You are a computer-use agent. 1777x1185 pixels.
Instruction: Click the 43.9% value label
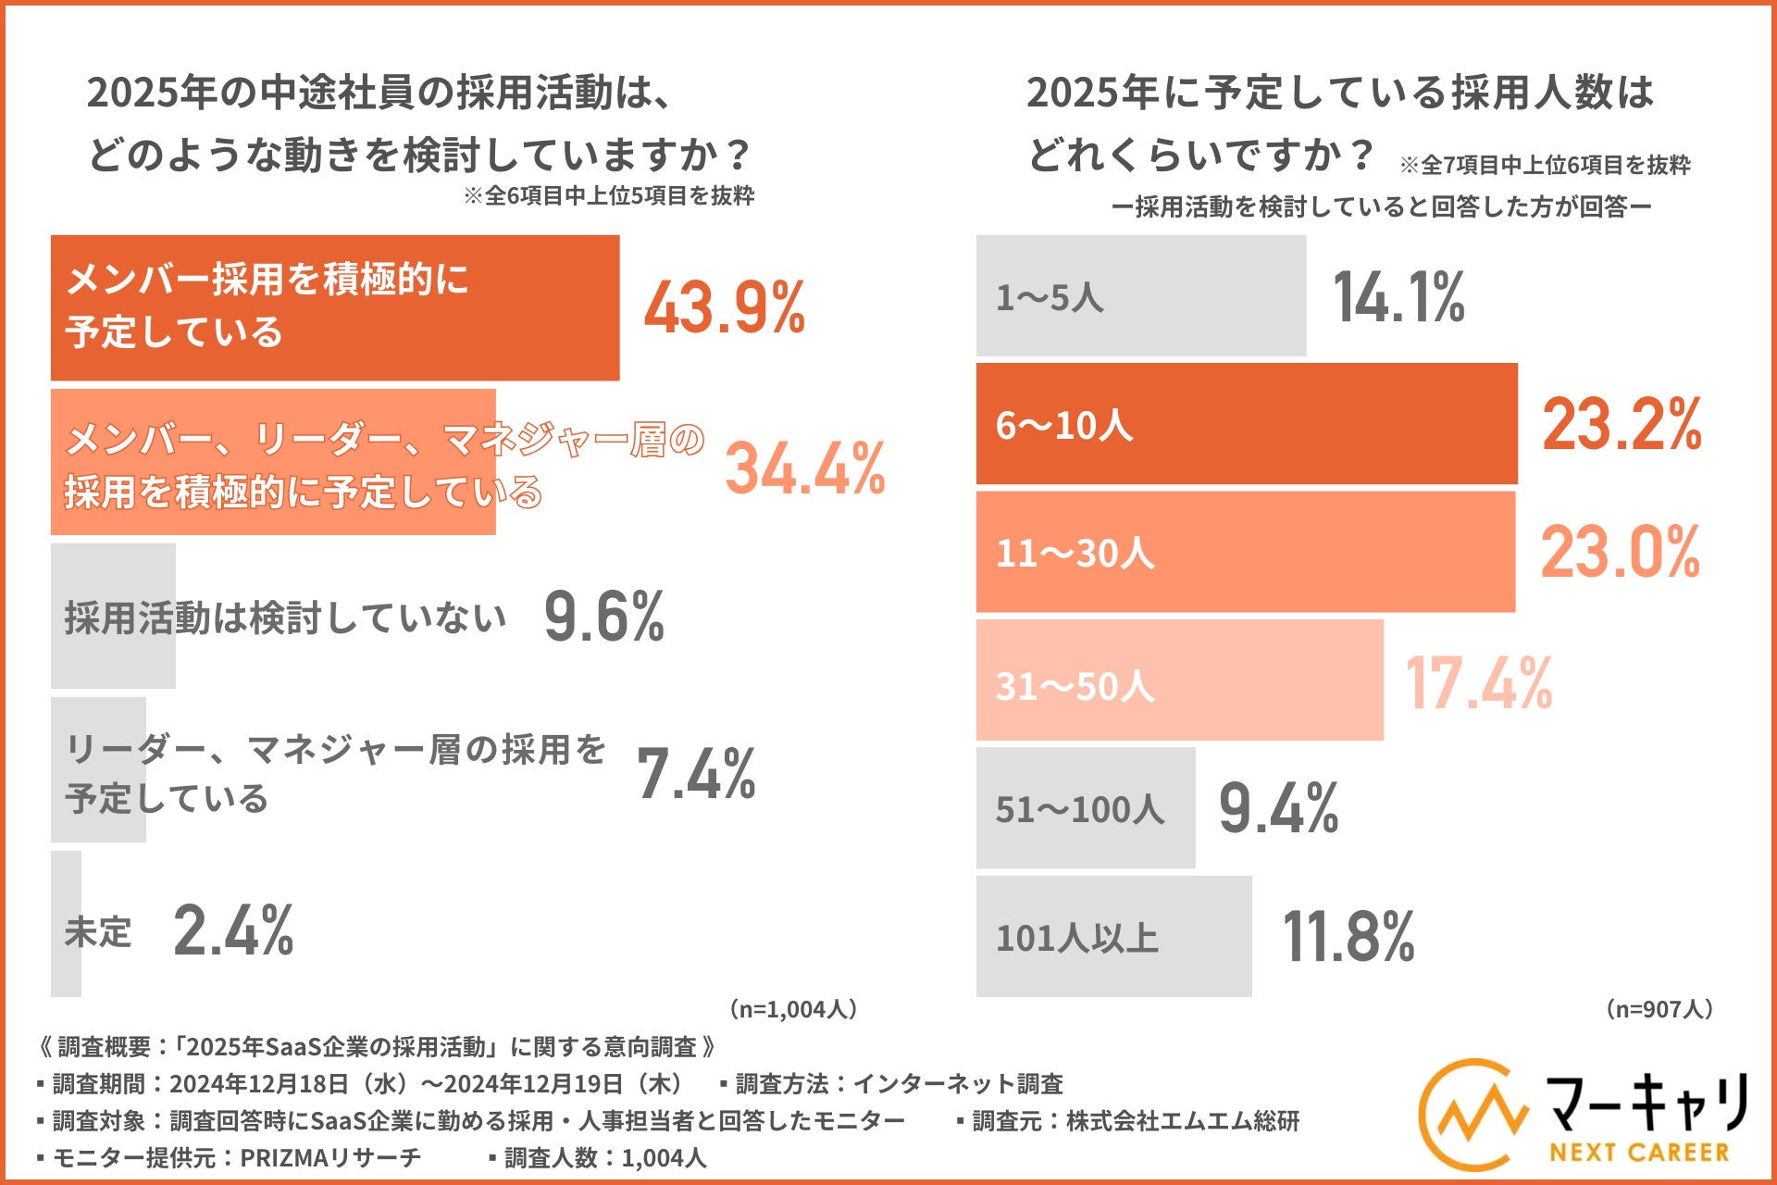(725, 307)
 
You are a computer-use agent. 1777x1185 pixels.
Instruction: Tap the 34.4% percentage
(805, 468)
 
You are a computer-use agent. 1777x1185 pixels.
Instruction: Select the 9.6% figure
(603, 617)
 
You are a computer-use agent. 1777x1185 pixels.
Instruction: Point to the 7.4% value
(696, 773)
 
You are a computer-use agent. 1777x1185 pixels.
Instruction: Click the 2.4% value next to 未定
(233, 930)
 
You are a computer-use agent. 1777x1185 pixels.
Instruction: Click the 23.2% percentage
(1622, 424)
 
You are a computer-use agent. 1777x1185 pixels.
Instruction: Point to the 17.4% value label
(1478, 682)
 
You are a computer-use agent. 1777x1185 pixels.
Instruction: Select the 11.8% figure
(1348, 937)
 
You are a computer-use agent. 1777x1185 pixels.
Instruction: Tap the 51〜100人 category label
(1079, 809)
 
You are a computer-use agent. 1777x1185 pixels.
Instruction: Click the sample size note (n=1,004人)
(793, 1008)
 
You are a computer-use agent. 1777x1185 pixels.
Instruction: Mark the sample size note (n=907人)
(1659, 1008)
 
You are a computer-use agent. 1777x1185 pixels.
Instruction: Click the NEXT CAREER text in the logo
(1639, 1153)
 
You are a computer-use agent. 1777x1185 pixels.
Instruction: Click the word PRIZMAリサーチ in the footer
(329, 1157)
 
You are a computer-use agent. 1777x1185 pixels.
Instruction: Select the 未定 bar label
(98, 931)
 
